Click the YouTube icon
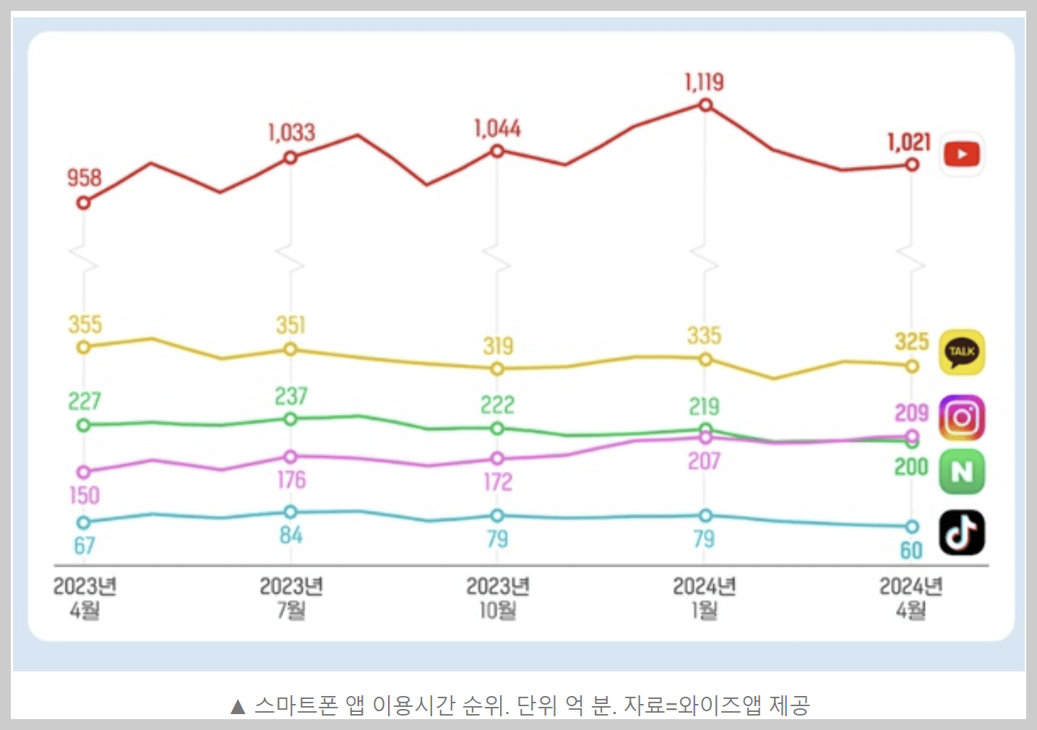click(x=961, y=154)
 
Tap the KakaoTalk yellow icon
click(x=961, y=352)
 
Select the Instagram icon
click(x=961, y=418)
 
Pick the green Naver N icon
click(x=961, y=472)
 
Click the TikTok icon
click(x=961, y=533)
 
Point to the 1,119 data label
click(x=704, y=82)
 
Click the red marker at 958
click(x=84, y=203)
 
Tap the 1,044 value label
click(x=497, y=129)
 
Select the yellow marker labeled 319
click(x=497, y=369)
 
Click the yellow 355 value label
click(x=85, y=325)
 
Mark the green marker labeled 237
click(x=291, y=419)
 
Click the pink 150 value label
click(x=85, y=496)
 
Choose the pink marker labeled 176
click(x=291, y=457)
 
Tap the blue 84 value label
click(x=291, y=536)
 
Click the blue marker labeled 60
click(x=912, y=527)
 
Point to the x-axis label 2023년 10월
click(x=498, y=598)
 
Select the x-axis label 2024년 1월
click(x=705, y=598)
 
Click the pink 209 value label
click(x=911, y=413)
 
